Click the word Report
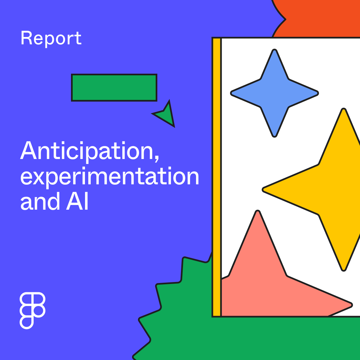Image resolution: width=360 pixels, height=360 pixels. (x=51, y=38)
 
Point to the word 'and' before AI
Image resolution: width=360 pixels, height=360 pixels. (x=40, y=201)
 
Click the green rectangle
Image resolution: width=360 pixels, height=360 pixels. (x=114, y=88)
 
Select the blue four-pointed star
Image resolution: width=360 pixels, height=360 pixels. (x=274, y=93)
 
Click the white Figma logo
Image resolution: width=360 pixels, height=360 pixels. (x=32, y=310)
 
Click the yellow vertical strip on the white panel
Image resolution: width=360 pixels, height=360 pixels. (x=217, y=177)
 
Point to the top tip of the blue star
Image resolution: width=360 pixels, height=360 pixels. (x=274, y=52)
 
